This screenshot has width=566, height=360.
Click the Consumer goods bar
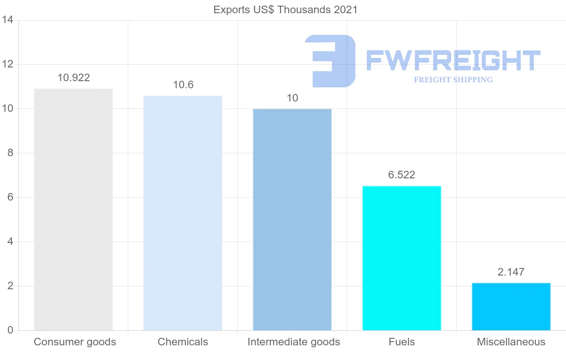pyautogui.click(x=74, y=209)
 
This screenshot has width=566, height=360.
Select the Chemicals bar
pyautogui.click(x=183, y=213)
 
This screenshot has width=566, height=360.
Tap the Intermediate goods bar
pyautogui.click(x=292, y=219)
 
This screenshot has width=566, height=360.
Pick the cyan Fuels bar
pyautogui.click(x=401, y=258)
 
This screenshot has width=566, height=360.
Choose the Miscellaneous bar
pyautogui.click(x=511, y=307)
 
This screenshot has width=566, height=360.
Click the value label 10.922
pyautogui.click(x=74, y=78)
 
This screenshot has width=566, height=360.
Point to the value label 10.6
pyautogui.click(x=183, y=85)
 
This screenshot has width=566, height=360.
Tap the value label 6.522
pyautogui.click(x=401, y=175)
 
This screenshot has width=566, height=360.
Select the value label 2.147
pyautogui.click(x=511, y=272)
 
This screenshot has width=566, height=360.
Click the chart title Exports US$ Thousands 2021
pyautogui.click(x=285, y=10)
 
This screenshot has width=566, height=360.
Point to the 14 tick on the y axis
pyautogui.click(x=7, y=20)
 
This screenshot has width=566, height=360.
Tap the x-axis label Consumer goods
pyautogui.click(x=75, y=342)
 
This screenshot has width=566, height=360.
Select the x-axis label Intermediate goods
pyautogui.click(x=293, y=342)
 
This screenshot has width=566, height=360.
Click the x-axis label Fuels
pyautogui.click(x=401, y=342)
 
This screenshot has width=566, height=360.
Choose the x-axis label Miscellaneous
pyautogui.click(x=511, y=342)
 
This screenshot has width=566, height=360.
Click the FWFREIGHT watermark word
pyautogui.click(x=453, y=60)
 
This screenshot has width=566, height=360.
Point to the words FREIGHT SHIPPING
pyautogui.click(x=453, y=80)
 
